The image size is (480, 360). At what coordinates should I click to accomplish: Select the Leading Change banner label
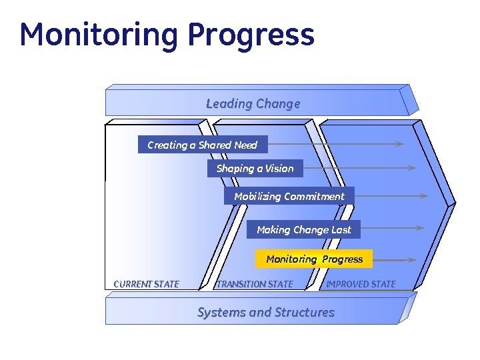click(253, 103)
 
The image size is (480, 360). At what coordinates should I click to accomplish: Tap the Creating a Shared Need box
click(202, 145)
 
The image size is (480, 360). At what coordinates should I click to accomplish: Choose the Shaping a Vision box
click(255, 169)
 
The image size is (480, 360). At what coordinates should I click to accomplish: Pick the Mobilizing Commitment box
click(289, 196)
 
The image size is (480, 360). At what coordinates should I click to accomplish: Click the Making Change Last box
click(303, 229)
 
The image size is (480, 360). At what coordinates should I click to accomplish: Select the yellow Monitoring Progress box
click(314, 259)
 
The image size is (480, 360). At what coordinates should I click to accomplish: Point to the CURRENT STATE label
click(147, 284)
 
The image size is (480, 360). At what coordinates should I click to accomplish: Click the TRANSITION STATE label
click(255, 284)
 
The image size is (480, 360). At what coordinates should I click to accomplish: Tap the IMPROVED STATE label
click(361, 284)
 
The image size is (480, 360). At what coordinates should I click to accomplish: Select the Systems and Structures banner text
click(265, 312)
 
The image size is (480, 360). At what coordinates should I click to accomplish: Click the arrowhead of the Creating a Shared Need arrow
click(399, 143)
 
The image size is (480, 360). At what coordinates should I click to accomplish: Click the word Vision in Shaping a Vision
click(279, 169)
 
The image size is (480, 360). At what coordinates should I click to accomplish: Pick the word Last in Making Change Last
click(341, 229)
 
